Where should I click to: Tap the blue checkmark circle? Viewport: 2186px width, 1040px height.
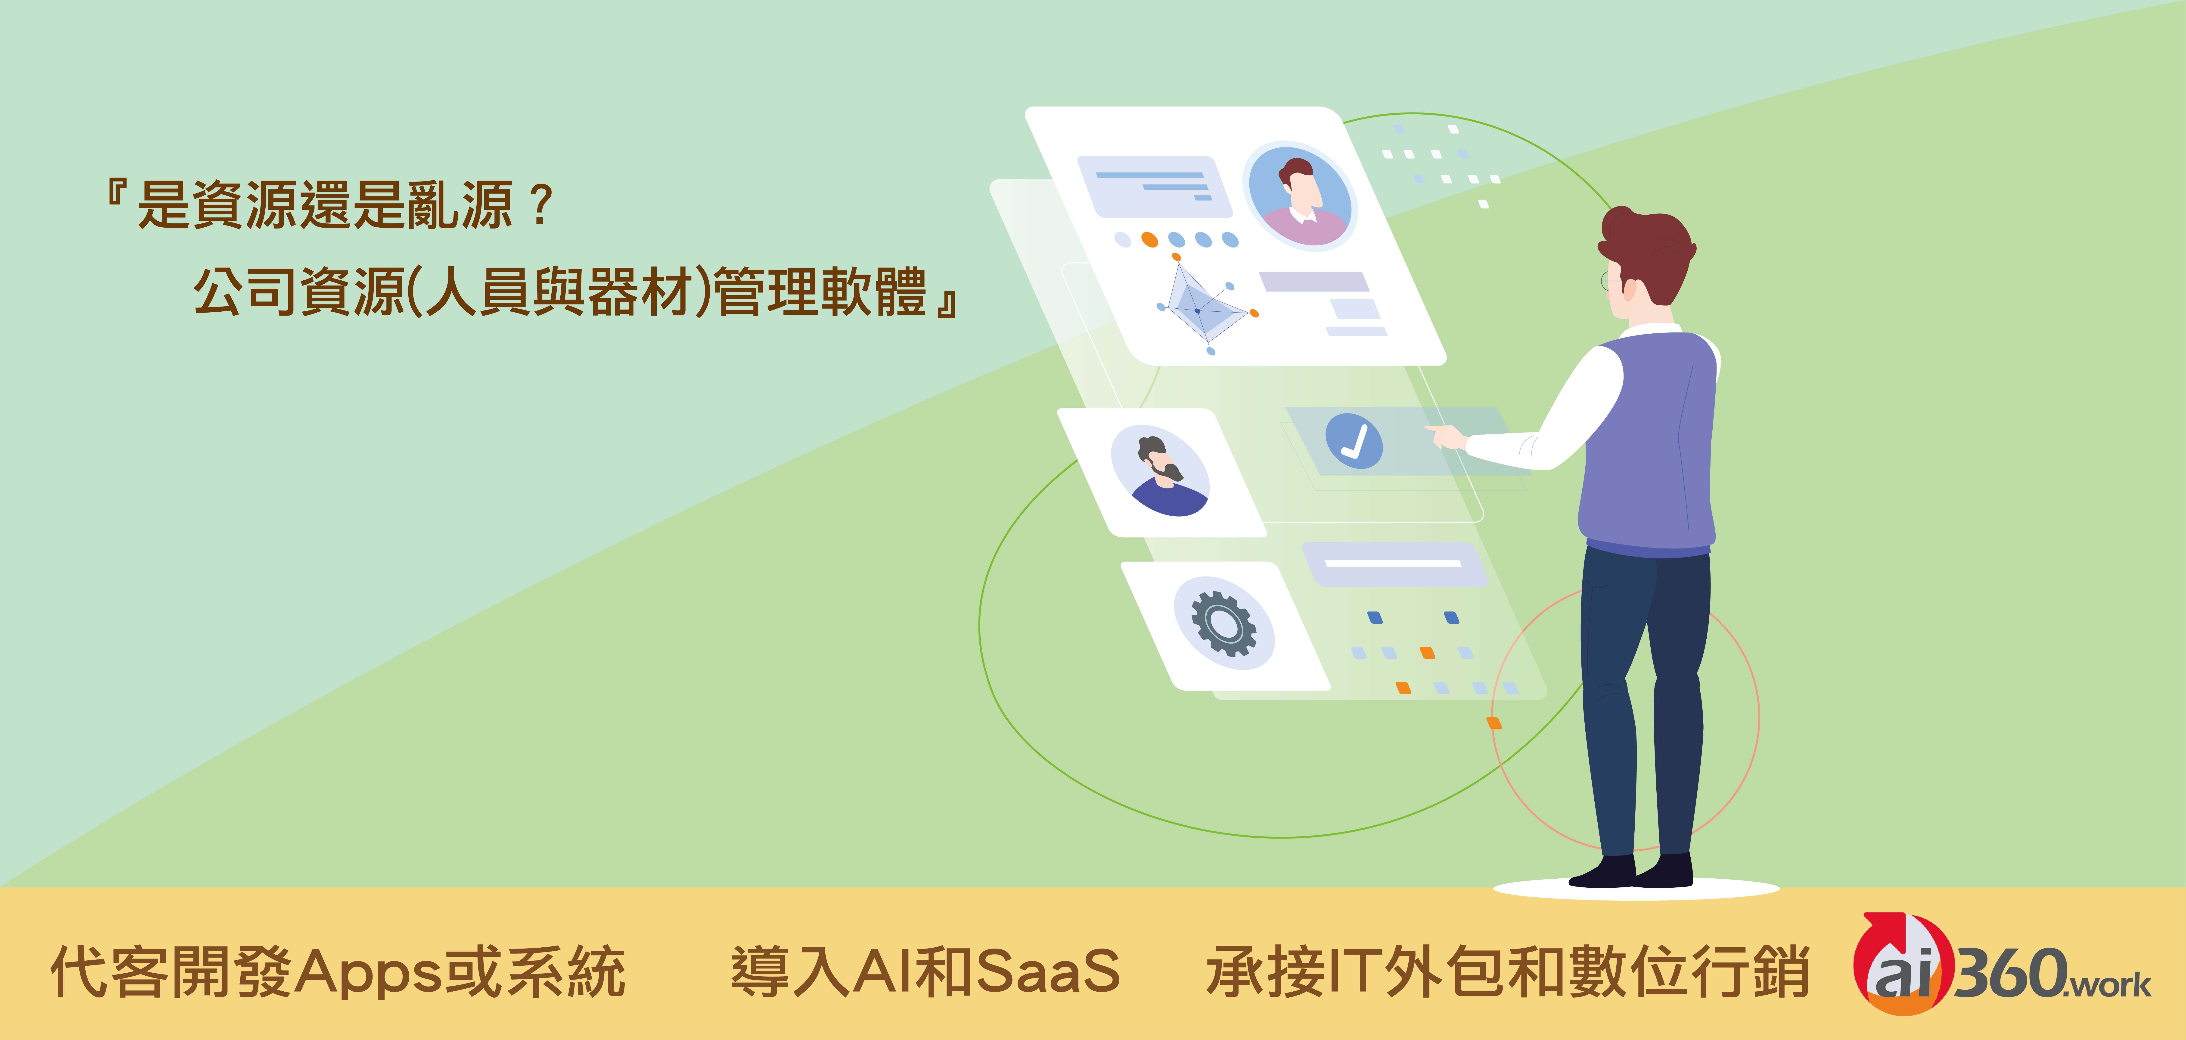pyautogui.click(x=1354, y=441)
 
